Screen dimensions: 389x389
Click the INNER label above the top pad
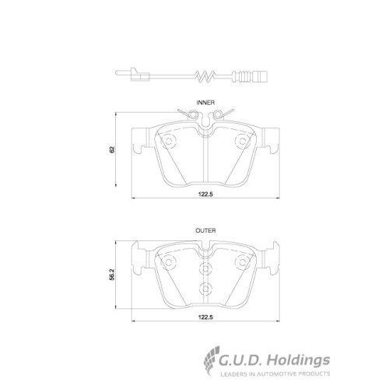(205, 103)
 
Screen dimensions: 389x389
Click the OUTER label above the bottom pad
(205, 230)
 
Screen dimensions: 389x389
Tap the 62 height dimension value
(112, 149)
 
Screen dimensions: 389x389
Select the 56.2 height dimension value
(112, 275)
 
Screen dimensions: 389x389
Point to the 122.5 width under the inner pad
(205, 194)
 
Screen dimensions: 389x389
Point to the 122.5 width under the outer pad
(205, 317)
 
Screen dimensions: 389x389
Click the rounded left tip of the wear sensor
(117, 73)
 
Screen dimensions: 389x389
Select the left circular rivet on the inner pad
(169, 142)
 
